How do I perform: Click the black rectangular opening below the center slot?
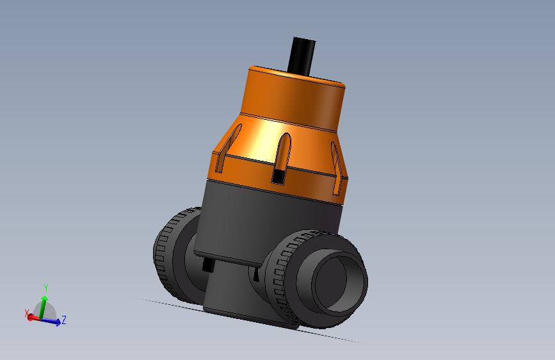point(278,176)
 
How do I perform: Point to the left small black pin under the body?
point(207,265)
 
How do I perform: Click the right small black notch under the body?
point(256,275)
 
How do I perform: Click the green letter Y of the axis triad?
point(46,288)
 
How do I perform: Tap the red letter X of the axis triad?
point(27,313)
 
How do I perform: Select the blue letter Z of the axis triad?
point(65,320)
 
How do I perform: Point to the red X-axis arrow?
point(33,317)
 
